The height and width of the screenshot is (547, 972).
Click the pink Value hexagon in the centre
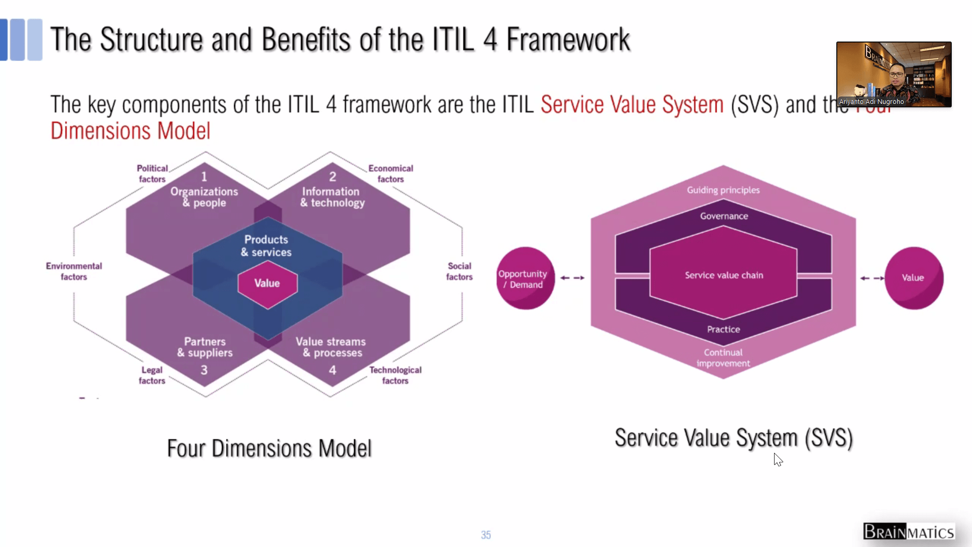(267, 284)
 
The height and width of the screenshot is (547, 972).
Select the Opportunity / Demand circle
(525, 279)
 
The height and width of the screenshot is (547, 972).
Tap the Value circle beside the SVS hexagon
(914, 278)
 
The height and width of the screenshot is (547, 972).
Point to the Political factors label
(152, 174)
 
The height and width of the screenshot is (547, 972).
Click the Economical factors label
(390, 174)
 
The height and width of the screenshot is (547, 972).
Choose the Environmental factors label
(74, 271)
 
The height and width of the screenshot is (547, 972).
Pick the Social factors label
(459, 271)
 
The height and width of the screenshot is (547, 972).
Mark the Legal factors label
(152, 375)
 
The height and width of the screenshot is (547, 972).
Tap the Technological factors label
(395, 375)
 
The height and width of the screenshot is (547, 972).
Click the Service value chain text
(723, 276)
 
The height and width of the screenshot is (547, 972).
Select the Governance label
(723, 216)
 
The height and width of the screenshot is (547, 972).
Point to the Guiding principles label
(723, 190)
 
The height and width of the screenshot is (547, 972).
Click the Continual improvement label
(723, 358)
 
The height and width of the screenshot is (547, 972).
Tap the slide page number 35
(485, 535)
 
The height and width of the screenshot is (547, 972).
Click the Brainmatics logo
(908, 532)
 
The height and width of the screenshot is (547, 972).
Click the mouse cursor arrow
(778, 459)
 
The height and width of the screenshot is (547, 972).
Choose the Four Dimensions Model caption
(269, 449)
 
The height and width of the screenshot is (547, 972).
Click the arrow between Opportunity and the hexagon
(572, 278)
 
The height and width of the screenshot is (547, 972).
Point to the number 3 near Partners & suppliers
(204, 370)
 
